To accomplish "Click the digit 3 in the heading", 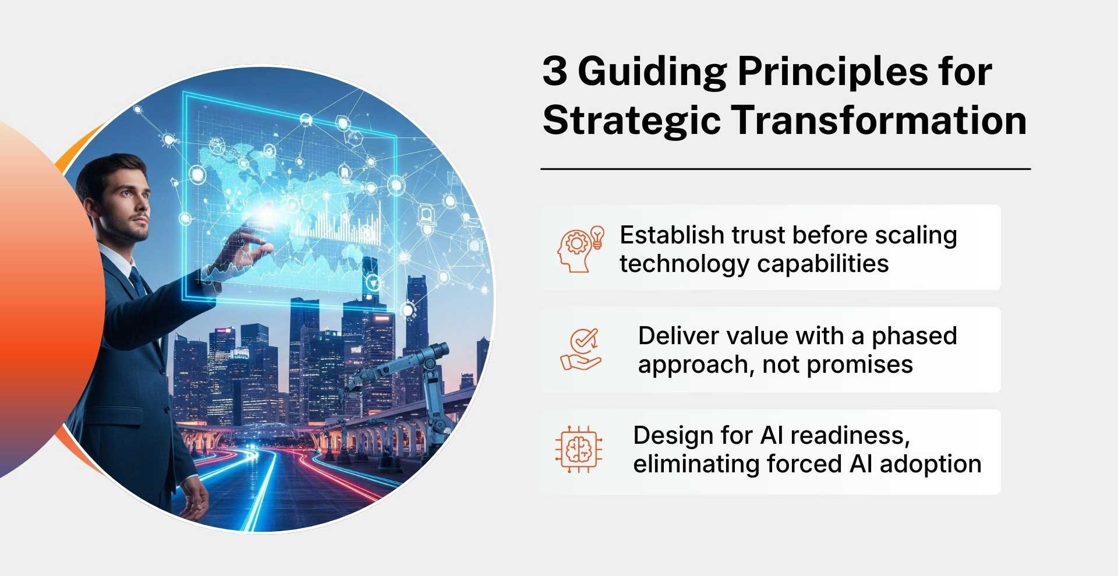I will click(555, 72).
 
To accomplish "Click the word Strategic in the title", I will click(631, 121).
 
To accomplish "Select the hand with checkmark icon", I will click(581, 349).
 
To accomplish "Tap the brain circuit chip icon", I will click(578, 449).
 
